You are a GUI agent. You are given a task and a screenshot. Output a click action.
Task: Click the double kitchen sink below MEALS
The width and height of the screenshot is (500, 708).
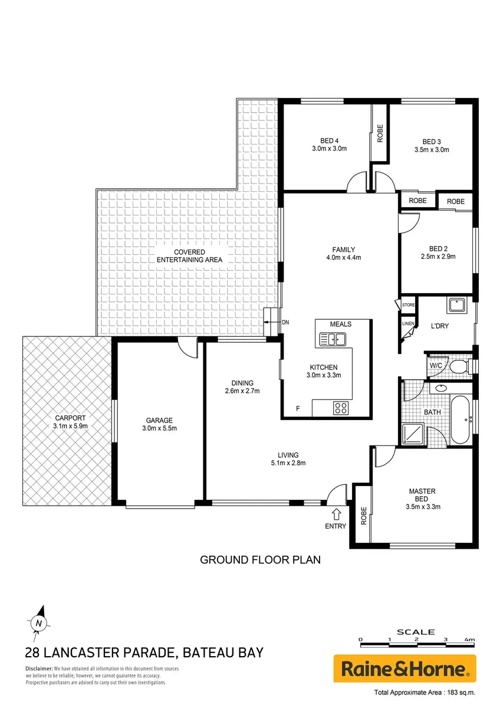point(333,339)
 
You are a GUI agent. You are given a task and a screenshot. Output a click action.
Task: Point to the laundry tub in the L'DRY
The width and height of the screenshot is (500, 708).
point(457,305)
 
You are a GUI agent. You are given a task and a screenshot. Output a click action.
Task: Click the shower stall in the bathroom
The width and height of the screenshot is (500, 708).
point(412,435)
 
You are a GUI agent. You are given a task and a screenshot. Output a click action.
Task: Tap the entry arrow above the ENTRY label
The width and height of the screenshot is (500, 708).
point(336,514)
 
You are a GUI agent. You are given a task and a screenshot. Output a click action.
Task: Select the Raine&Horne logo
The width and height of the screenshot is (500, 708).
point(404,669)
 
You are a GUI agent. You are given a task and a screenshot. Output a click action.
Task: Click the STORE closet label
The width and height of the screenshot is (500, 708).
point(408,305)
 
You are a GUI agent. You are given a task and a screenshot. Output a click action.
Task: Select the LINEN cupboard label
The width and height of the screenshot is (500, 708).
point(408,323)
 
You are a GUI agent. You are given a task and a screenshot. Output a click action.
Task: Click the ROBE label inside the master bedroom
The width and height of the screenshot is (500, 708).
point(364,516)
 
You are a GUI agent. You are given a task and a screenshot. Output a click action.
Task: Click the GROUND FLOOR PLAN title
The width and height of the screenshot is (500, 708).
point(260,560)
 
